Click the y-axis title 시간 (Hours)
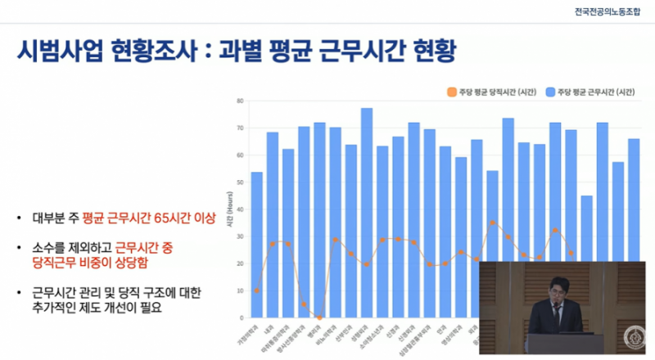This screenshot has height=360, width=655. coord(230,209)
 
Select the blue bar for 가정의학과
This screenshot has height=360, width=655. coord(257,245)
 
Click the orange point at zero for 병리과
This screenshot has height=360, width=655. coord(319,317)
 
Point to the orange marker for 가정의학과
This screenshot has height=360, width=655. coord(257,290)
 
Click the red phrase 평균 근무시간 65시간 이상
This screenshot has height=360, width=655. coord(142,218)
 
